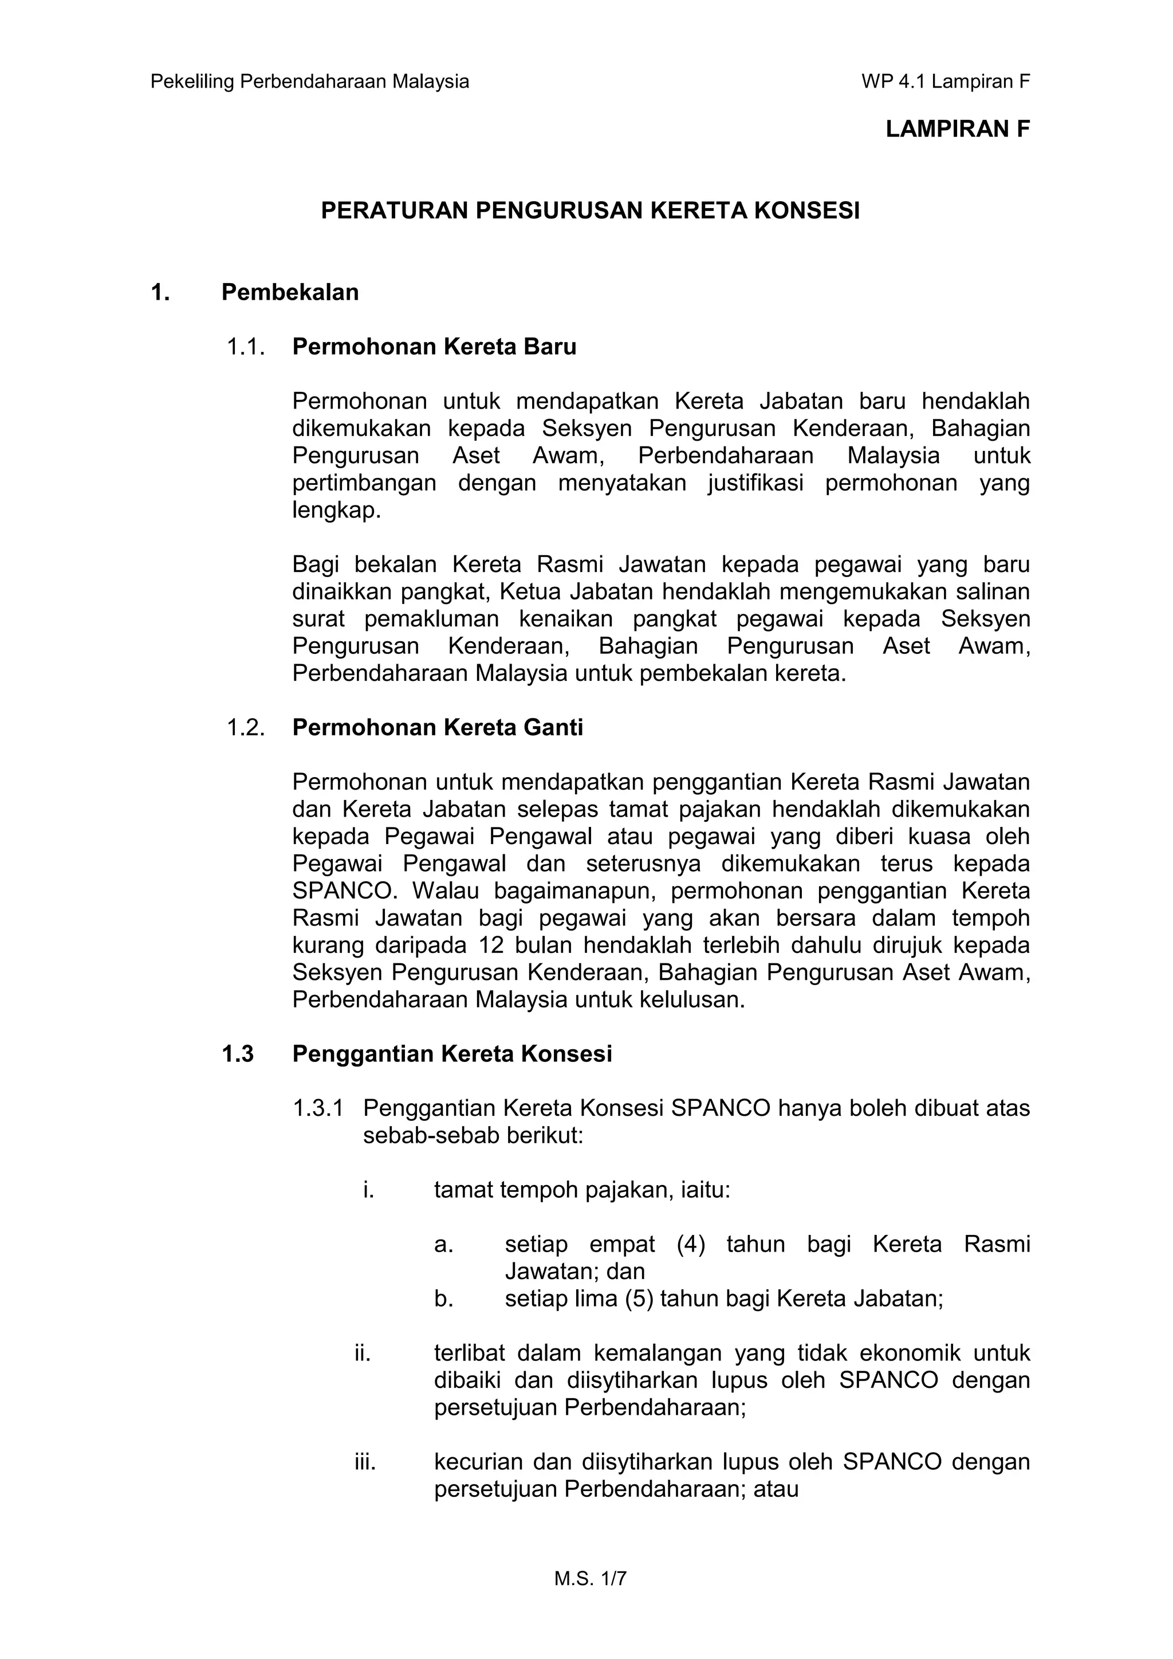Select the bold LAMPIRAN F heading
[957, 130]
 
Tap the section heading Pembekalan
[290, 292]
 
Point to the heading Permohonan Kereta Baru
[434, 347]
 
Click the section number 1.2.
[245, 727]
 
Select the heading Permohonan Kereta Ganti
[437, 727]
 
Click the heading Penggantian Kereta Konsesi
[451, 1054]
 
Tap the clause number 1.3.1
[318, 1108]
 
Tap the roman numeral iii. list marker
[365, 1462]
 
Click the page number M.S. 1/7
[590, 1579]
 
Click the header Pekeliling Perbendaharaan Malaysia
[309, 81]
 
